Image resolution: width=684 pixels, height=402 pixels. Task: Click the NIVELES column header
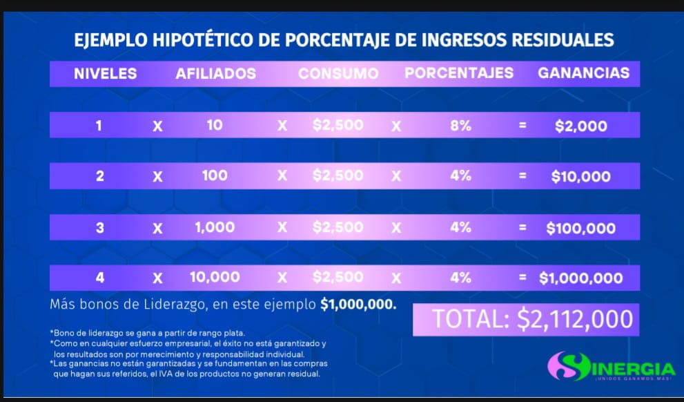106,73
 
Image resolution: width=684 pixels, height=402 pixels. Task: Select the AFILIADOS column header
216,73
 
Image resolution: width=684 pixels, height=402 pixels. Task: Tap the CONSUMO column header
338,73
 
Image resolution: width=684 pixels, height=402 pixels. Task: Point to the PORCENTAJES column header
459,73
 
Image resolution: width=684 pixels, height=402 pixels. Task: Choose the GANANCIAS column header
583,73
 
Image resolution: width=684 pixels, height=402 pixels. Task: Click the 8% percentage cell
460,126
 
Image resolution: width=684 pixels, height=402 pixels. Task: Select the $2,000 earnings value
581,126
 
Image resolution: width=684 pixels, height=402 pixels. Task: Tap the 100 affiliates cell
215,175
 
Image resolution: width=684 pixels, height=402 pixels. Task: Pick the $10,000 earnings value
581,176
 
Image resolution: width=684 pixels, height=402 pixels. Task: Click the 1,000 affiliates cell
215,227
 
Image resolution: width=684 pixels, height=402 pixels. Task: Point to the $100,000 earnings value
581,228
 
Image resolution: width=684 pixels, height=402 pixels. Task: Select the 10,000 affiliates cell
215,277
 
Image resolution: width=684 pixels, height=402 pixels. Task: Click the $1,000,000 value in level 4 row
581,278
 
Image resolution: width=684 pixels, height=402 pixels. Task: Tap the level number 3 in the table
100,227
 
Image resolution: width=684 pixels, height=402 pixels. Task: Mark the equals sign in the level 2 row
522,176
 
